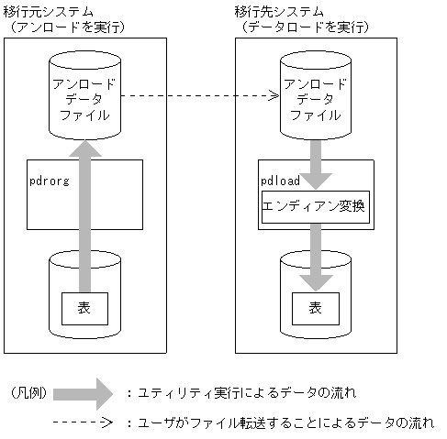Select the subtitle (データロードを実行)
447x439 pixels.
pos(304,27)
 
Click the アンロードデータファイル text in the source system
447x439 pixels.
pos(84,99)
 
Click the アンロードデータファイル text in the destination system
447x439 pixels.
pos(315,99)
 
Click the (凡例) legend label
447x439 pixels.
pos(27,393)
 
